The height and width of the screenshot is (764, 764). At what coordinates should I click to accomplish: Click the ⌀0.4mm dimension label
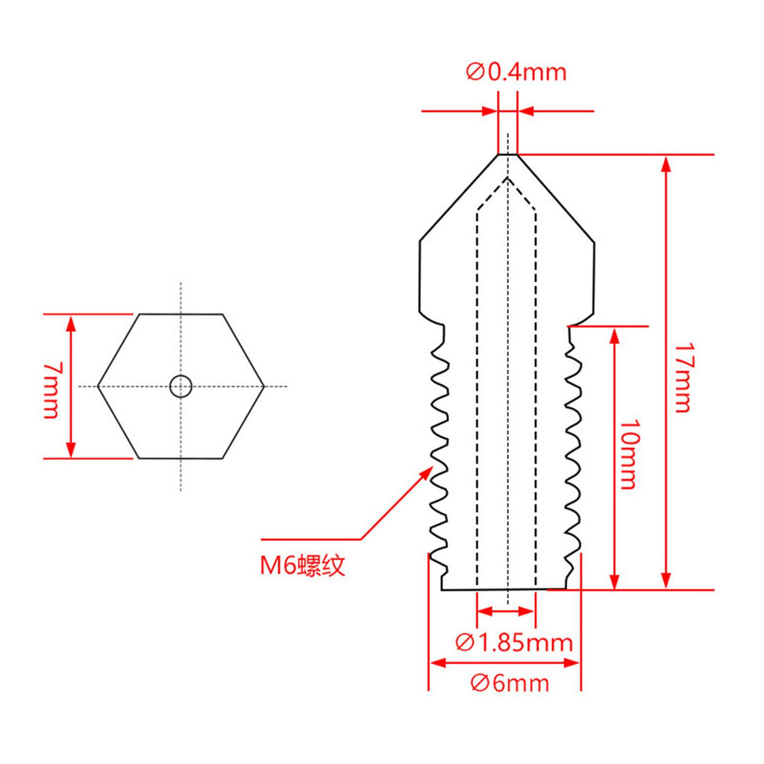tap(516, 72)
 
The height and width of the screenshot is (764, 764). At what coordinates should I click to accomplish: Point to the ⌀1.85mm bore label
tap(514, 642)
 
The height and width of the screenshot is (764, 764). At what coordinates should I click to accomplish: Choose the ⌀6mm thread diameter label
tap(510, 683)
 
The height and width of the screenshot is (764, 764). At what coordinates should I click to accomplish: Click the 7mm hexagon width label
tap(51, 389)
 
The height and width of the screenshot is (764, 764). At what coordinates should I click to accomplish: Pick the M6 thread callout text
tap(303, 566)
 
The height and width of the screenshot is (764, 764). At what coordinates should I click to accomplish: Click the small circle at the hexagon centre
tap(181, 386)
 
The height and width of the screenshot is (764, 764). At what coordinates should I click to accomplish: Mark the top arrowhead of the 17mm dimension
tap(666, 164)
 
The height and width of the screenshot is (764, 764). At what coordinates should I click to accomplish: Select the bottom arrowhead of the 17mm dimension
tap(666, 580)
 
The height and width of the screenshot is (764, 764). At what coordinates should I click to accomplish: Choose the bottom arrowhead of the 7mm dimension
tap(71, 449)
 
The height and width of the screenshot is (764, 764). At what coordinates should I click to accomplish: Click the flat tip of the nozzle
tap(507, 154)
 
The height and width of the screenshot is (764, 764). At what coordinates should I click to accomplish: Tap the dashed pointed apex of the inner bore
tap(507, 178)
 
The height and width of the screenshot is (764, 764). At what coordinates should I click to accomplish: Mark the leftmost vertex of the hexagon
tap(98, 386)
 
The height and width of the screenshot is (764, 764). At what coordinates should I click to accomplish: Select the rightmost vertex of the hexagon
tap(263, 386)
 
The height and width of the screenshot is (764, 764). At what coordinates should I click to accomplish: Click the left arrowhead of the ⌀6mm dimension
tap(437, 663)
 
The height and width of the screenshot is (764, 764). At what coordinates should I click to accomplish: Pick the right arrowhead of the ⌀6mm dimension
tap(572, 663)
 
